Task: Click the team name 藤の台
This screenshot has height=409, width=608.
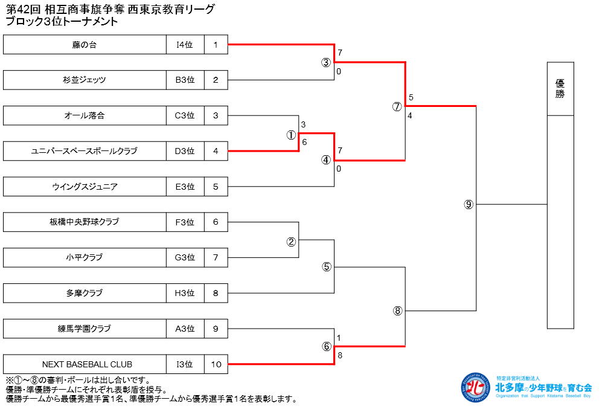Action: point(85,44)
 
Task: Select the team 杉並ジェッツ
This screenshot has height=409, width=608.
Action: point(85,80)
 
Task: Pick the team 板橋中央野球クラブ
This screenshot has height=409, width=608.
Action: point(85,222)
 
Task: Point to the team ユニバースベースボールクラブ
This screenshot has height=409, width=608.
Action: point(85,151)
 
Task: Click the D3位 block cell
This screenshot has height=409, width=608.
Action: point(185,151)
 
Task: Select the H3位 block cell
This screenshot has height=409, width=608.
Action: point(185,293)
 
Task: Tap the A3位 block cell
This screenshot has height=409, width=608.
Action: point(185,329)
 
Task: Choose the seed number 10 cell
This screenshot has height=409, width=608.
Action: point(216,364)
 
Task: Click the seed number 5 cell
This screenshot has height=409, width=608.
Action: point(216,187)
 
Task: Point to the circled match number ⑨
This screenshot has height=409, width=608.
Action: point(469,204)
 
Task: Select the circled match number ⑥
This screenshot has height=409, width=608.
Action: point(327,347)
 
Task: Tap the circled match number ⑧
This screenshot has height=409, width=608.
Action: point(397,311)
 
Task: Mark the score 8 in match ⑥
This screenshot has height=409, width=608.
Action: point(340,356)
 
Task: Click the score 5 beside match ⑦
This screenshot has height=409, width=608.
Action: point(411,98)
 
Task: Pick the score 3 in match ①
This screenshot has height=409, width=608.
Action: point(303,125)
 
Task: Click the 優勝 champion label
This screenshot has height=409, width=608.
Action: point(560,89)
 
